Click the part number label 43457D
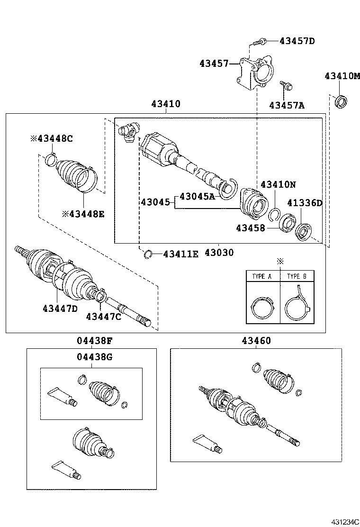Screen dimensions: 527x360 click(x=297, y=41)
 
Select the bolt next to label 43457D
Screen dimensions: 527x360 click(x=258, y=42)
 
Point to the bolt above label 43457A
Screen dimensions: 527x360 click(x=286, y=86)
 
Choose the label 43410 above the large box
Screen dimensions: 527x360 click(x=166, y=104)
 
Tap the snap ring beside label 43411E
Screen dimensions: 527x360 click(x=148, y=255)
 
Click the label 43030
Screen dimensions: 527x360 click(x=219, y=253)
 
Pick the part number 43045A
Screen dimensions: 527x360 click(x=197, y=196)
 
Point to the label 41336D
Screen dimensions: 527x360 click(x=305, y=203)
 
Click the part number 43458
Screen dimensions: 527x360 click(x=251, y=228)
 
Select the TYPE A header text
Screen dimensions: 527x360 click(x=262, y=276)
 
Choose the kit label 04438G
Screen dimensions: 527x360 click(x=95, y=357)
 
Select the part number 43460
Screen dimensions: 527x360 click(x=256, y=340)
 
